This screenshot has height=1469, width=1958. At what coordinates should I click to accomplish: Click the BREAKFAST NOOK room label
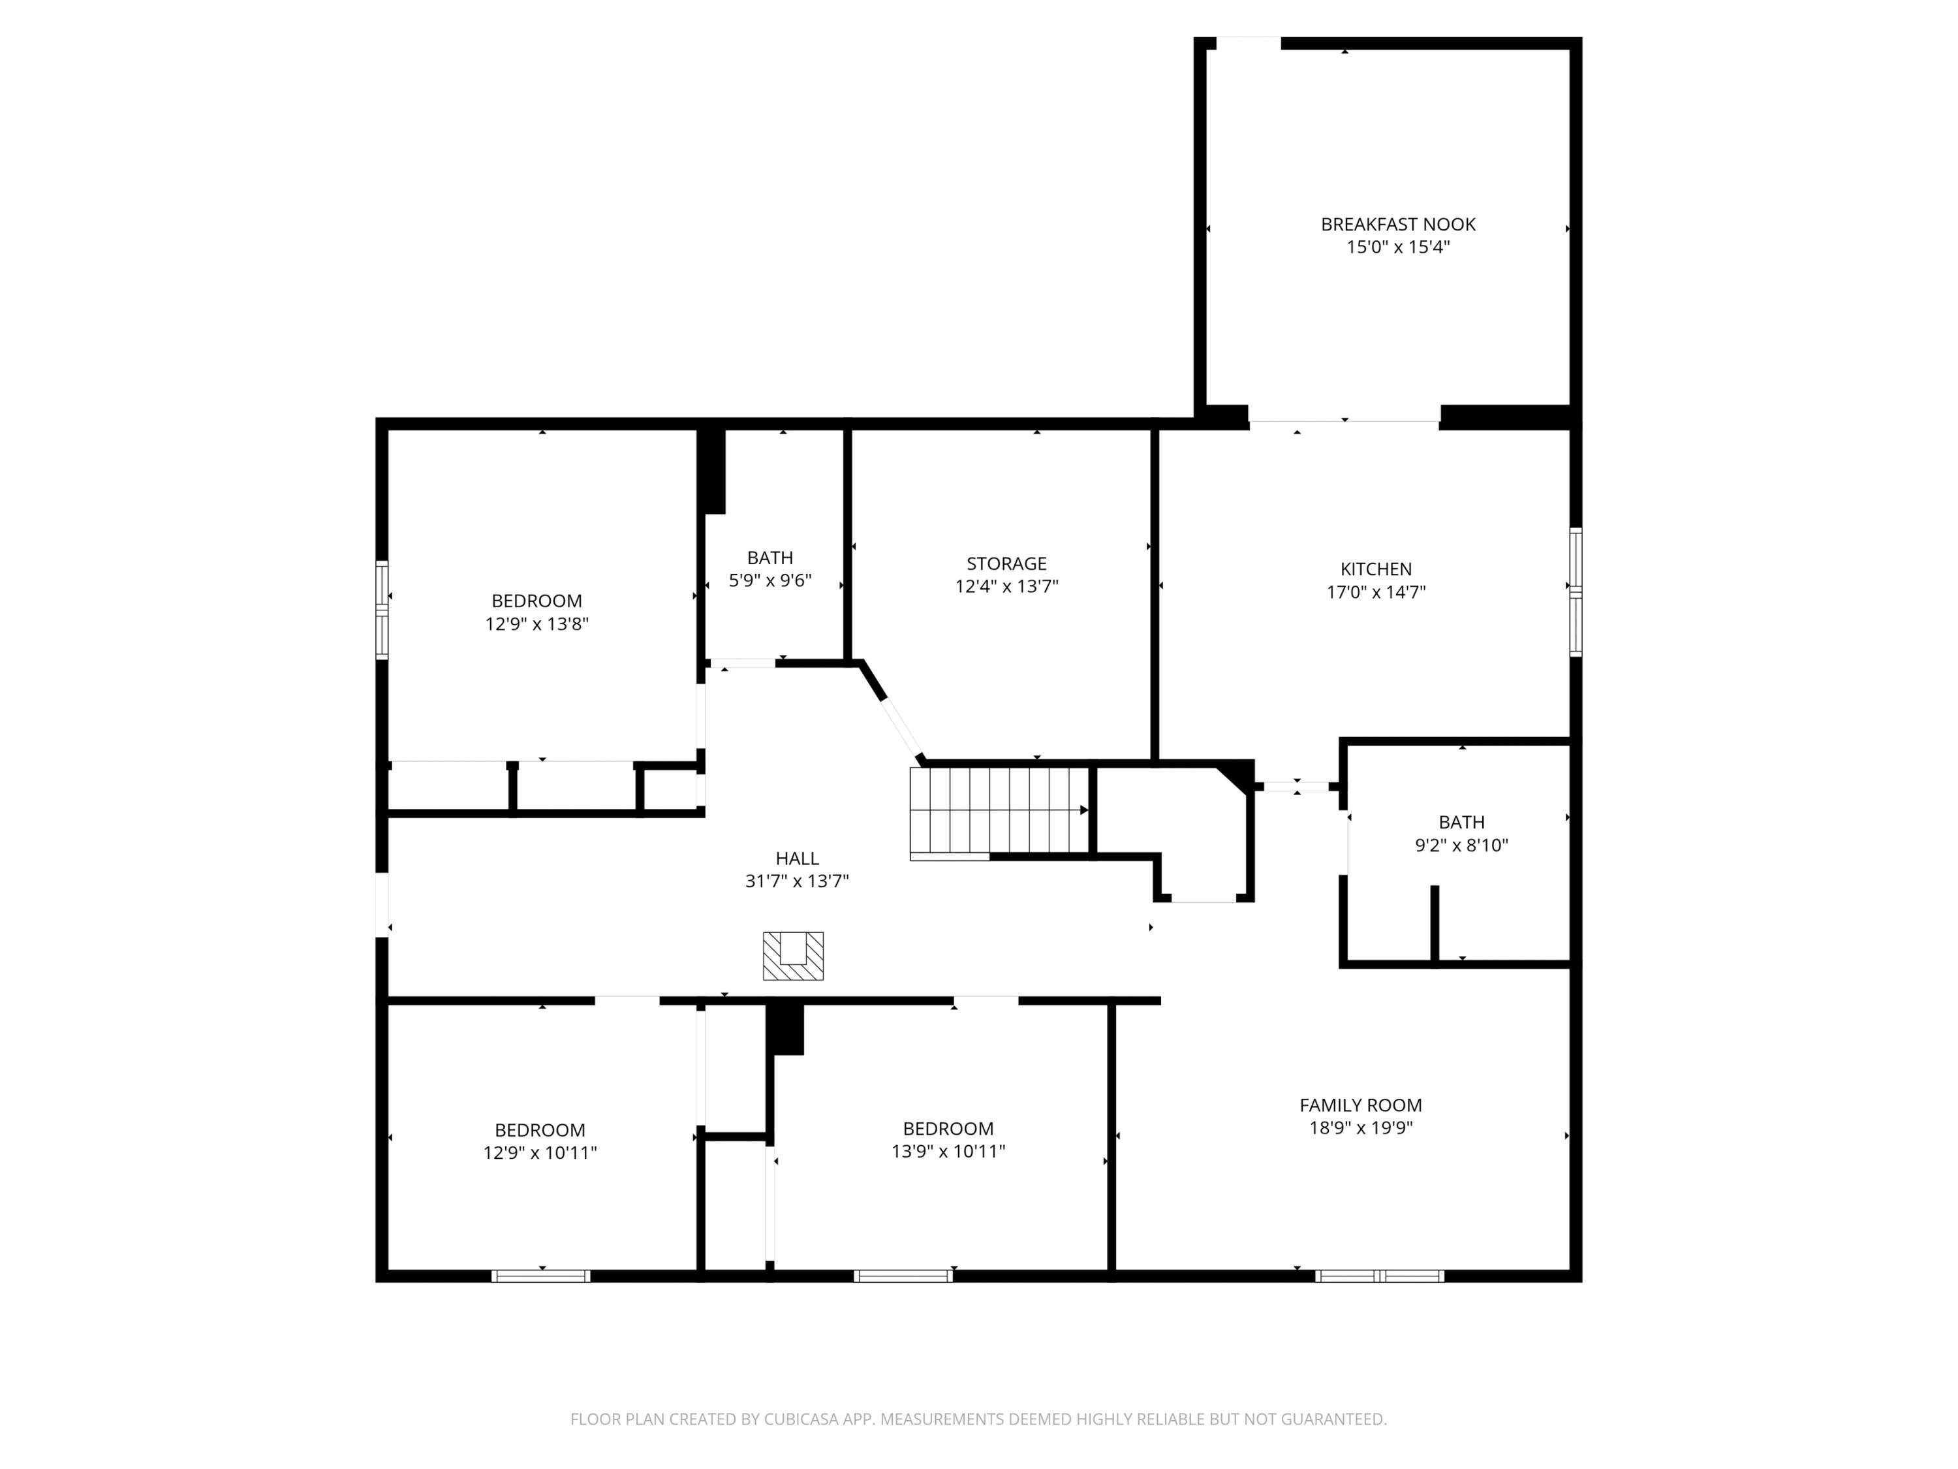coord(1398,225)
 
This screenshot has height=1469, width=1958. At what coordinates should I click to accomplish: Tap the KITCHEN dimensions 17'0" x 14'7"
coord(1376,592)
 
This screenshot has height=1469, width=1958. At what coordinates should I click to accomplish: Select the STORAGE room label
coord(1006,563)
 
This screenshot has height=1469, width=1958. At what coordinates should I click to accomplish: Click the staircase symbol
coord(999,812)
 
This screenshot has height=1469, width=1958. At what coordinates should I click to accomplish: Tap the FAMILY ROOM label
coord(1361,1105)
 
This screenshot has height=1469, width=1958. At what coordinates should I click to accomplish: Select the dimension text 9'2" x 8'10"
coord(1461,845)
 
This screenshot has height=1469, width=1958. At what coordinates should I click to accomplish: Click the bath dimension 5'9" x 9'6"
coord(770,581)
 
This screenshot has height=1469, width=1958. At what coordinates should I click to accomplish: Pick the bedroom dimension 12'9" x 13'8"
coord(536,624)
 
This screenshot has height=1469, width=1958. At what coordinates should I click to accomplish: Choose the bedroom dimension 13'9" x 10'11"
coord(948,1151)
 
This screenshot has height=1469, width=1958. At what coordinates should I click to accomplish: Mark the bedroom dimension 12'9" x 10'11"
coord(540,1153)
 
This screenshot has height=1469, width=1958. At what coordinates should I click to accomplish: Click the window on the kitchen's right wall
coord(1576,592)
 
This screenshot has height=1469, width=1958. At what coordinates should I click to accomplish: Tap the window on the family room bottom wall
coord(1379,1276)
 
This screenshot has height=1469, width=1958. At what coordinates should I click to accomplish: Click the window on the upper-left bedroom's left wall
coord(382,609)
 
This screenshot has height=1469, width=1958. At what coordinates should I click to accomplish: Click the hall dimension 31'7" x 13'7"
coord(797,881)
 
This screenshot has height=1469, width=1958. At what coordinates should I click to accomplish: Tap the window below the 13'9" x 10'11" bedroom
coord(904,1276)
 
